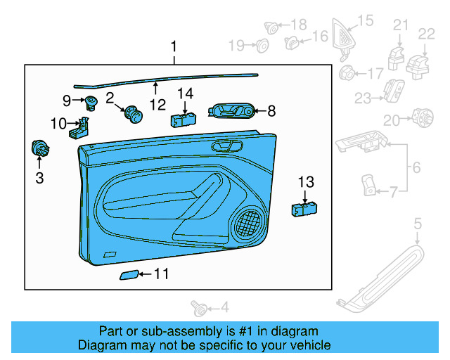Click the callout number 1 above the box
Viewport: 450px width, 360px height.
[174, 48]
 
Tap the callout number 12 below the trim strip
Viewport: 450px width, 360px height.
[157, 105]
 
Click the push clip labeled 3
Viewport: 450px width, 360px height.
[40, 149]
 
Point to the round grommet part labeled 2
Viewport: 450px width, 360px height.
[131, 112]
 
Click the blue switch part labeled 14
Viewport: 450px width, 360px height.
[182, 118]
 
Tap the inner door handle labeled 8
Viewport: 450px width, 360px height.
[233, 110]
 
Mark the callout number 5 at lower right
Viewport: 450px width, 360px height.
[418, 224]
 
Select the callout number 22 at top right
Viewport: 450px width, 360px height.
[427, 34]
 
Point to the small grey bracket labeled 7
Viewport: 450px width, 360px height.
[368, 186]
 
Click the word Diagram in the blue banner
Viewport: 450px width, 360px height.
[101, 345]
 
